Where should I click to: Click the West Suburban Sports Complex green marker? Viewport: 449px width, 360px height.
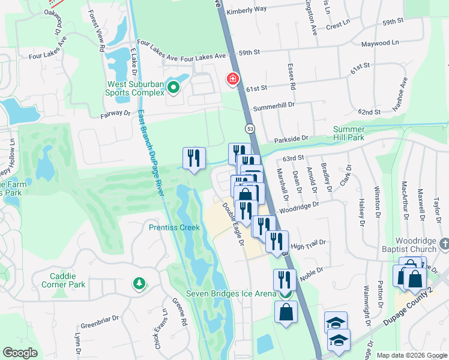pyautogui.click(x=173, y=89)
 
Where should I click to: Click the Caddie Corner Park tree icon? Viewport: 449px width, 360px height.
pyautogui.click(x=139, y=283)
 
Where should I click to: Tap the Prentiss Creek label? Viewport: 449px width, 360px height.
pyautogui.click(x=174, y=227)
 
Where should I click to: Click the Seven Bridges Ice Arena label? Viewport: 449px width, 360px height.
pyautogui.click(x=230, y=293)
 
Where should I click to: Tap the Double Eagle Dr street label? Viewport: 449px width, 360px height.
pyautogui.click(x=233, y=224)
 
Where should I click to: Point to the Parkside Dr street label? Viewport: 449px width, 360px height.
pyautogui.click(x=291, y=139)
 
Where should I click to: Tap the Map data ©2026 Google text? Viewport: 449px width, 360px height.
pyautogui.click(x=412, y=355)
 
